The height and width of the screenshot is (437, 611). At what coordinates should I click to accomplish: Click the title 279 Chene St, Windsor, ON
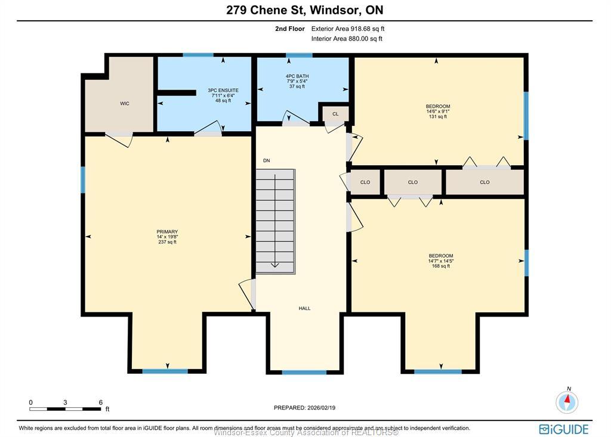pyautogui.click(x=305, y=10)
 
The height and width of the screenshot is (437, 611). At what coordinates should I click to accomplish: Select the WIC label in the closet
pyautogui.click(x=125, y=104)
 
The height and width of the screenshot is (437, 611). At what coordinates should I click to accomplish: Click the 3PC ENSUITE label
pyautogui.click(x=223, y=91)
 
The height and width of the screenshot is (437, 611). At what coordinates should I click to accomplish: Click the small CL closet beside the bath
pyautogui.click(x=335, y=114)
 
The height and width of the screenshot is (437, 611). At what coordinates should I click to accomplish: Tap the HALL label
pyautogui.click(x=304, y=308)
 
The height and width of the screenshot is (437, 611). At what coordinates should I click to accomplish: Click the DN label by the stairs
pyautogui.click(x=267, y=160)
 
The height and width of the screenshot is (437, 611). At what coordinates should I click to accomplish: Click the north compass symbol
pyautogui.click(x=567, y=401)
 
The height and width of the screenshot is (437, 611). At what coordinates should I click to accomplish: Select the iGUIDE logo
pyautogui.click(x=563, y=429)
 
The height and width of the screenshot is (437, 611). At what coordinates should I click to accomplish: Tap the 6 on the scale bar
pyautogui.click(x=100, y=402)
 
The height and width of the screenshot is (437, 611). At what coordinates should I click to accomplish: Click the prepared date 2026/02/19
pyautogui.click(x=304, y=407)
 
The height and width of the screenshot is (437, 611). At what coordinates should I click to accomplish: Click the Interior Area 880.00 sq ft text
pyautogui.click(x=347, y=39)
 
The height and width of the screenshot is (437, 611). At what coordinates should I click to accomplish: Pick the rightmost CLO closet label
pyautogui.click(x=485, y=182)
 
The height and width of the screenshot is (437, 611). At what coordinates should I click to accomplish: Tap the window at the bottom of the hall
pyautogui.click(x=304, y=373)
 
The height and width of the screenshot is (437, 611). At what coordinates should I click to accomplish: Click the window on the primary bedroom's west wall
pyautogui.click(x=83, y=179)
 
